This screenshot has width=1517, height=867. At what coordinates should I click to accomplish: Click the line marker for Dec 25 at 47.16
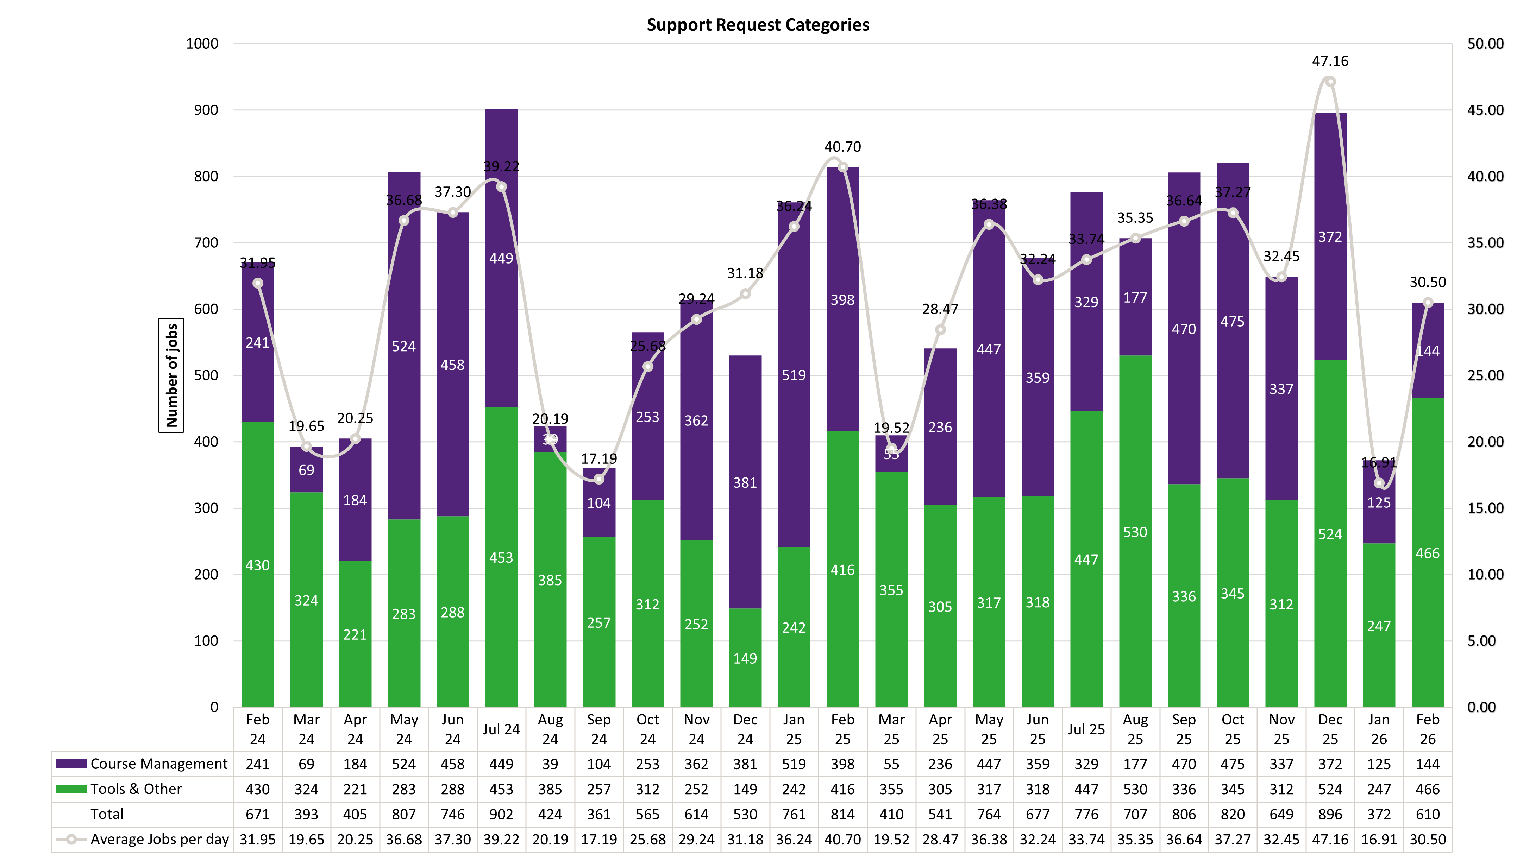[1330, 82]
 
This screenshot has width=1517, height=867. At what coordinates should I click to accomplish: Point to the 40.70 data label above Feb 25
[842, 146]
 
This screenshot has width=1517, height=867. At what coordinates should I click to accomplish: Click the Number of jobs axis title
[171, 375]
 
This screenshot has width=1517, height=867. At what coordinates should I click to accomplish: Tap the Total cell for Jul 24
[501, 814]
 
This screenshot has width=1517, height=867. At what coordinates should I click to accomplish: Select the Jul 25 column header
[1086, 729]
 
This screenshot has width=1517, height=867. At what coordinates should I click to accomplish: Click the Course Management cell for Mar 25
[891, 764]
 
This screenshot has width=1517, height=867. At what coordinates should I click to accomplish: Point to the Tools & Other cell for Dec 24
[745, 789]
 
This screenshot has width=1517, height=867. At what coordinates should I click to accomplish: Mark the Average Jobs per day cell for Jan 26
[1379, 840]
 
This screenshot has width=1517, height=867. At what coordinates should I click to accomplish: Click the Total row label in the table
[107, 814]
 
